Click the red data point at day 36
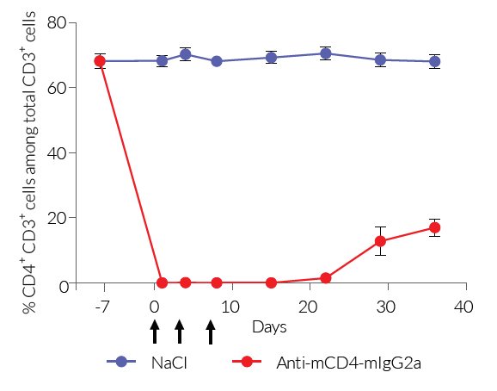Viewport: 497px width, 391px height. click(x=434, y=227)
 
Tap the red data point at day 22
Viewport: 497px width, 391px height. click(x=326, y=278)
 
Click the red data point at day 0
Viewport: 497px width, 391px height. click(x=162, y=282)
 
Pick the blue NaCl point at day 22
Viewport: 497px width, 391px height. click(x=326, y=53)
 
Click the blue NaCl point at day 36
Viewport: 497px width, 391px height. click(x=434, y=61)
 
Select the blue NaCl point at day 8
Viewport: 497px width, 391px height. click(x=217, y=61)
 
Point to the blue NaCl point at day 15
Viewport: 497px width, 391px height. click(x=272, y=58)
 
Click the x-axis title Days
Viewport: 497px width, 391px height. click(x=269, y=328)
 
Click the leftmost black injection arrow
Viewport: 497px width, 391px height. click(x=154, y=331)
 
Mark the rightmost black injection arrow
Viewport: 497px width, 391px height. click(x=211, y=331)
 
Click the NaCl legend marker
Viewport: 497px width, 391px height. click(x=121, y=362)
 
